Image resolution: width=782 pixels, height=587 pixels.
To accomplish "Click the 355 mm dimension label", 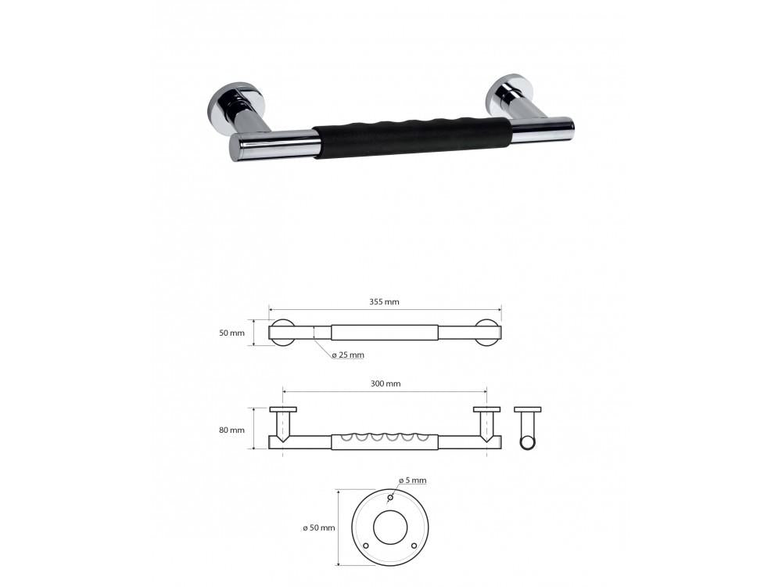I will coord(385,301).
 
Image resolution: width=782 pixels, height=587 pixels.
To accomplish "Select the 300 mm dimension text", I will coord(385,384).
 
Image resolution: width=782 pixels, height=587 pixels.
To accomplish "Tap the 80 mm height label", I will coord(232,430).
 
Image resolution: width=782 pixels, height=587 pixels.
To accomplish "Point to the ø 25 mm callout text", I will coord(347,355).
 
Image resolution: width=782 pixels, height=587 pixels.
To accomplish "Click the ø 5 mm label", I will coord(412,480).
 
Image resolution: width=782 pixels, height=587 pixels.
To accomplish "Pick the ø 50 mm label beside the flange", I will coord(319,528).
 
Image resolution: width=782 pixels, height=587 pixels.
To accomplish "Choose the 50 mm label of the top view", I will coord(232,333).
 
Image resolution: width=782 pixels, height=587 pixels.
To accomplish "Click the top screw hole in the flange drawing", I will coord(390,496).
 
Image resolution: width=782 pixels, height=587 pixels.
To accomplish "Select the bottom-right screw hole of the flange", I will coord(414,545).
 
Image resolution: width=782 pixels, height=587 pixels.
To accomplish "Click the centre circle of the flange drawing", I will coord(390,528).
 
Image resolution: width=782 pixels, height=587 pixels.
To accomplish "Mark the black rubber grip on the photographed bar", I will coord(413,139).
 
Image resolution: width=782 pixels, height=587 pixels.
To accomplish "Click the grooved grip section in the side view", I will coord(384,441).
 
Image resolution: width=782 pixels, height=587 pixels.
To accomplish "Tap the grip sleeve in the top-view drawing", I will coord(384,332).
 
